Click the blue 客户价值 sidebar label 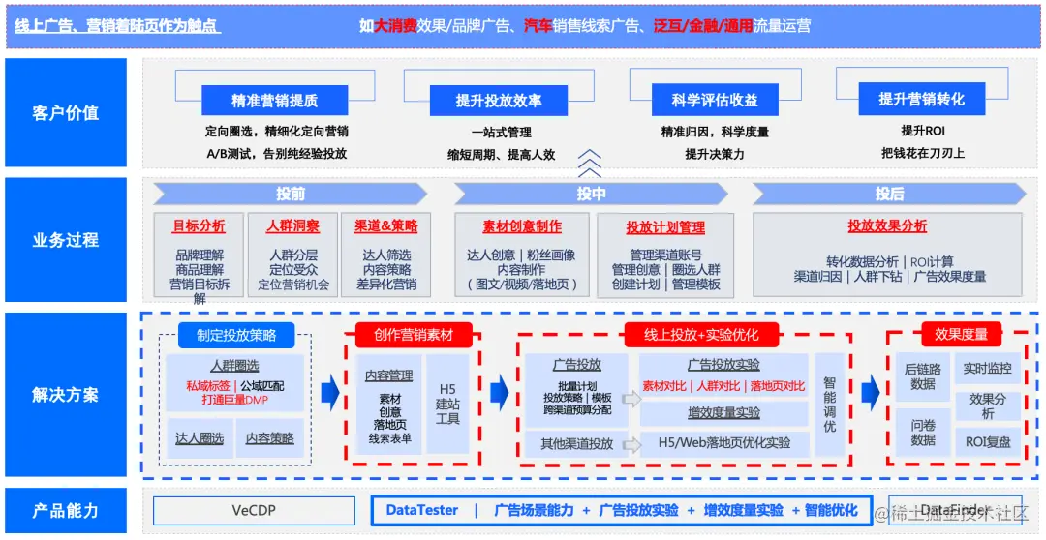[66, 113]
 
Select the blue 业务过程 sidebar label [66, 240]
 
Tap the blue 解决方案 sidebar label [66, 395]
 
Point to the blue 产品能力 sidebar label [66, 511]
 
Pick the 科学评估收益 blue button [715, 101]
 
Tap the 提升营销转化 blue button [921, 99]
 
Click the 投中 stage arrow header [591, 194]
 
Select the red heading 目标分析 [199, 226]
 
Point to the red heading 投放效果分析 [887, 226]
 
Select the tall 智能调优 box [830, 404]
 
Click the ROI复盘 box [989, 441]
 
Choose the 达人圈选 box [199, 438]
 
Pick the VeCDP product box [256, 510]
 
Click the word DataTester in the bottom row [422, 510]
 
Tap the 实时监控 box [988, 369]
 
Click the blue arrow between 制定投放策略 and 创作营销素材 [330, 392]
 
